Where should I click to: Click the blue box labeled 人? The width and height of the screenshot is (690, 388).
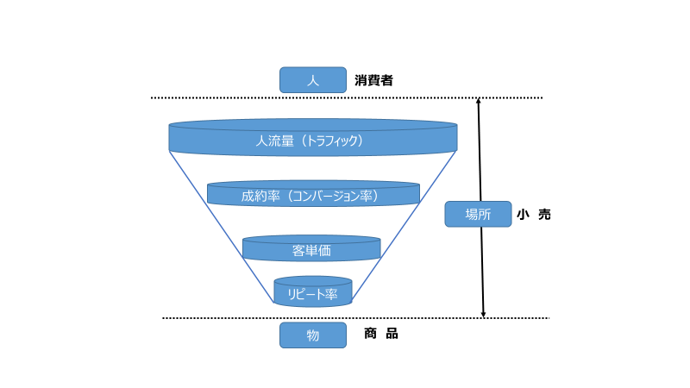click(x=312, y=80)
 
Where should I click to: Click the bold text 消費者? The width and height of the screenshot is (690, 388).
click(x=373, y=80)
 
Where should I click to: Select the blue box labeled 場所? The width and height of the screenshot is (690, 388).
click(x=478, y=214)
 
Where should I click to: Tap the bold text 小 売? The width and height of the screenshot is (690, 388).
click(x=533, y=215)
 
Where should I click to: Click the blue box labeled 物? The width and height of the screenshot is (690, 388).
click(x=312, y=335)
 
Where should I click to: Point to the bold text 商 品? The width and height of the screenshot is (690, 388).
click(x=380, y=334)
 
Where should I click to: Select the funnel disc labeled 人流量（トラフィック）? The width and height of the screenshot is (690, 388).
click(x=312, y=139)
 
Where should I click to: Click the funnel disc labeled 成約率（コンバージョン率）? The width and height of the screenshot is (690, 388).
click(x=312, y=195)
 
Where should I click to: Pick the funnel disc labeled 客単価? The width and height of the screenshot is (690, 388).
click(x=311, y=250)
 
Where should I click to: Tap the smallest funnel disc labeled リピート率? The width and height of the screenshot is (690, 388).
click(x=312, y=293)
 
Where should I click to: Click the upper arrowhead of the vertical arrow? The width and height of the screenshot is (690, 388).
click(x=480, y=102)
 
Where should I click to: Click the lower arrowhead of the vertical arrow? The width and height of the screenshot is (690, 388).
click(x=483, y=314)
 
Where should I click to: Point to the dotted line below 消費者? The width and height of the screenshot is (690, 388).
click(x=259, y=97)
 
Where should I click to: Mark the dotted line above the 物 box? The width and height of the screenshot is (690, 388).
click(x=224, y=318)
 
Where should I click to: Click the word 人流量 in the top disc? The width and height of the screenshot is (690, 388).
click(x=274, y=140)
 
